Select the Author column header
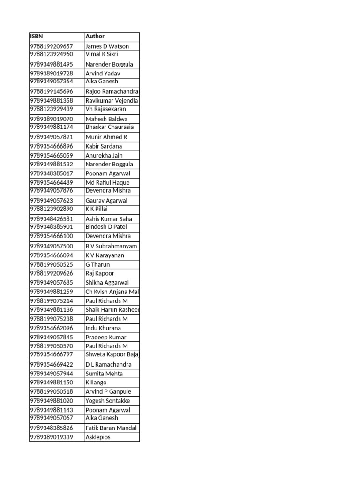coord(95,37)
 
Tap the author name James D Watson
coord(107,46)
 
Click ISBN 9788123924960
coord(52,54)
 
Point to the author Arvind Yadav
coord(103,74)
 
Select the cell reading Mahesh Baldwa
coord(106,119)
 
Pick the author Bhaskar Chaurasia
coord(109,127)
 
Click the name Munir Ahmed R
coord(106,137)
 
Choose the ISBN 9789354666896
coord(52,146)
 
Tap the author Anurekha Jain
coord(104,156)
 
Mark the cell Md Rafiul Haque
coord(107,183)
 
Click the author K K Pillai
coord(97,209)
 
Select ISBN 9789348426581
coord(52,219)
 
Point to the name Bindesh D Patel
coord(106,227)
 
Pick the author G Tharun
coord(97,265)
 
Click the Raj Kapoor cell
coord(100,274)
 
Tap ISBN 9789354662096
coord(52,328)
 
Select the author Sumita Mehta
coord(104,374)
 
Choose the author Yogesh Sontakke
coord(108,401)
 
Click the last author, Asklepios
coord(98,437)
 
